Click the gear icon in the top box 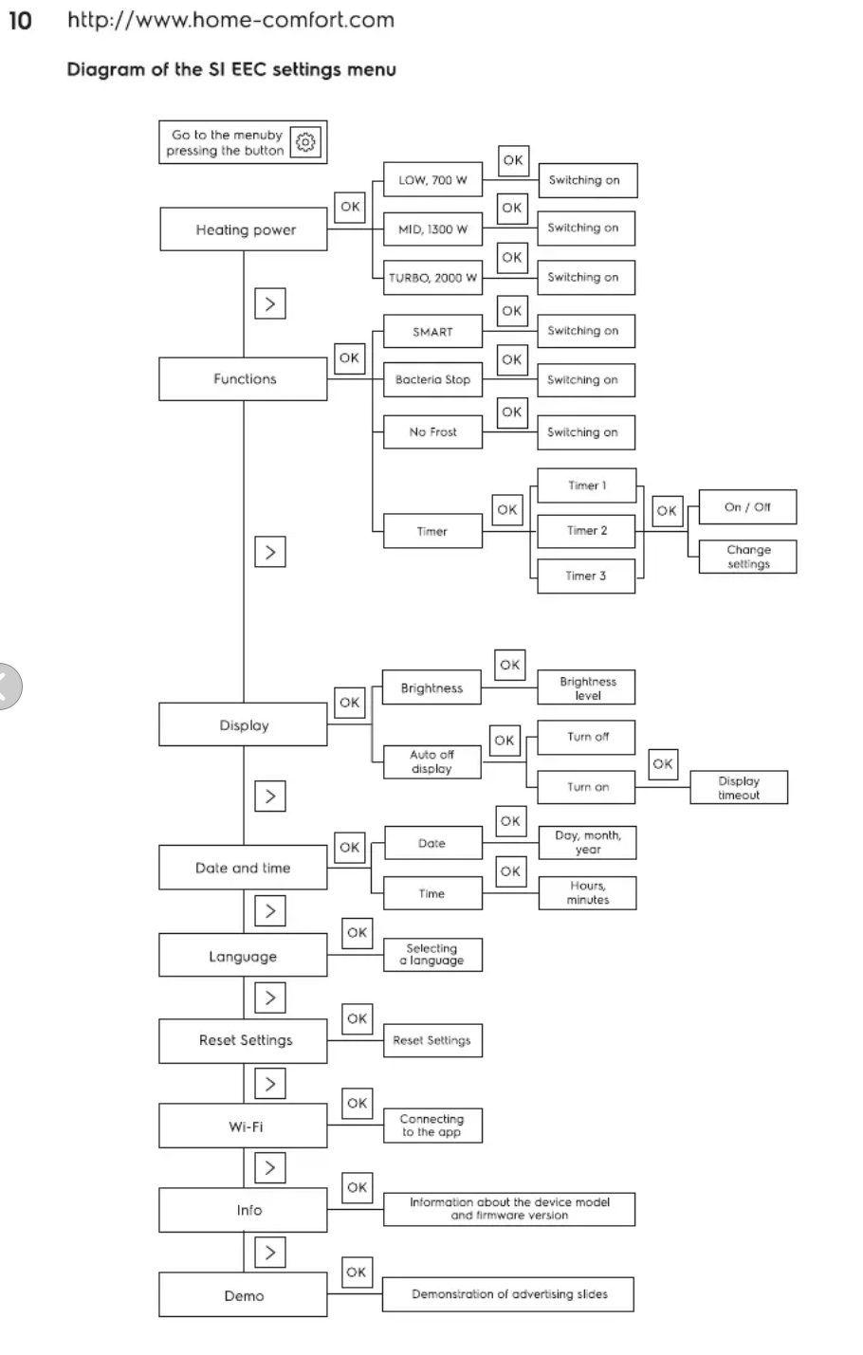(x=305, y=143)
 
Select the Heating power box (x=244, y=229)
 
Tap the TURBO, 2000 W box (x=432, y=278)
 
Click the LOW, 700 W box (x=432, y=180)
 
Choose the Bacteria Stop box (x=432, y=379)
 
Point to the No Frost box (x=432, y=431)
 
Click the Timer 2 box (x=586, y=530)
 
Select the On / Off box (x=747, y=506)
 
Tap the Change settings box (x=747, y=557)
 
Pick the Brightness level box (x=586, y=688)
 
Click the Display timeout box (x=739, y=788)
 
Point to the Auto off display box (x=431, y=761)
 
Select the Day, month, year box (x=587, y=842)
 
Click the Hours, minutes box (x=587, y=892)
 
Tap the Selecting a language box (x=431, y=954)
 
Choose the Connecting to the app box (x=431, y=1125)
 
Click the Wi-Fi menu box (x=244, y=1126)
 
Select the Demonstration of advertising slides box (x=508, y=1293)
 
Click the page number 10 (x=20, y=20)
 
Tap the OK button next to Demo (x=357, y=1272)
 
